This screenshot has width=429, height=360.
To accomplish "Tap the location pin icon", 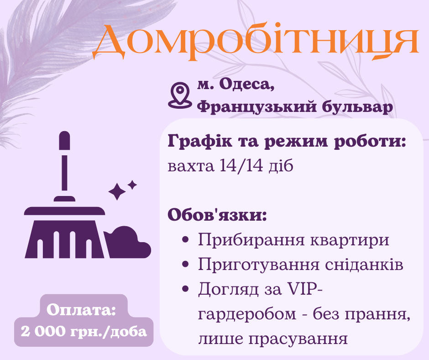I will (179, 95).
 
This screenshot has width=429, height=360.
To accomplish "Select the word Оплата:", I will (82, 311).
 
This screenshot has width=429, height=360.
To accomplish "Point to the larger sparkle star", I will (117, 192).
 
